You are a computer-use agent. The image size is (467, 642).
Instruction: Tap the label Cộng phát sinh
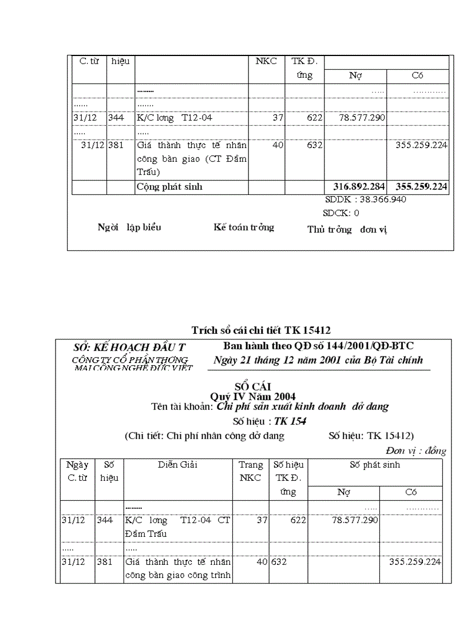169,187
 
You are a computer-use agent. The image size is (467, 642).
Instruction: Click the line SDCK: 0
341,213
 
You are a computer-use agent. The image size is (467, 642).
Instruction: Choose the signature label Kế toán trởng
244,228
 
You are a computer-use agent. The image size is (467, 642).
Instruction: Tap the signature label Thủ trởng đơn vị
347,230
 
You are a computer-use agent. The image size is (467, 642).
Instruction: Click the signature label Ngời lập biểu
129,228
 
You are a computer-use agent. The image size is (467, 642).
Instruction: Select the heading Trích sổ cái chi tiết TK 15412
261,330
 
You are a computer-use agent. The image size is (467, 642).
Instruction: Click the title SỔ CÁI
252,387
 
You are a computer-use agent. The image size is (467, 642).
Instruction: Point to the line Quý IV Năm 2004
253,397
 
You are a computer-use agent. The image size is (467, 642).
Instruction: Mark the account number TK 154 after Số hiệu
290,421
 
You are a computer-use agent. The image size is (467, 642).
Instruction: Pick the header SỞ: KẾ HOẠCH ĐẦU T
129,348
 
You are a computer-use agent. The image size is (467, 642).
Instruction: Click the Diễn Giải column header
178,465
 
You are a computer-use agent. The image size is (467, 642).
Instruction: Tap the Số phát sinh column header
375,465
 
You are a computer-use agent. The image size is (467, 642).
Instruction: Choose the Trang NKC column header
251,472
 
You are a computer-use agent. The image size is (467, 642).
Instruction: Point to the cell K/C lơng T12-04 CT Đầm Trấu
178,527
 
